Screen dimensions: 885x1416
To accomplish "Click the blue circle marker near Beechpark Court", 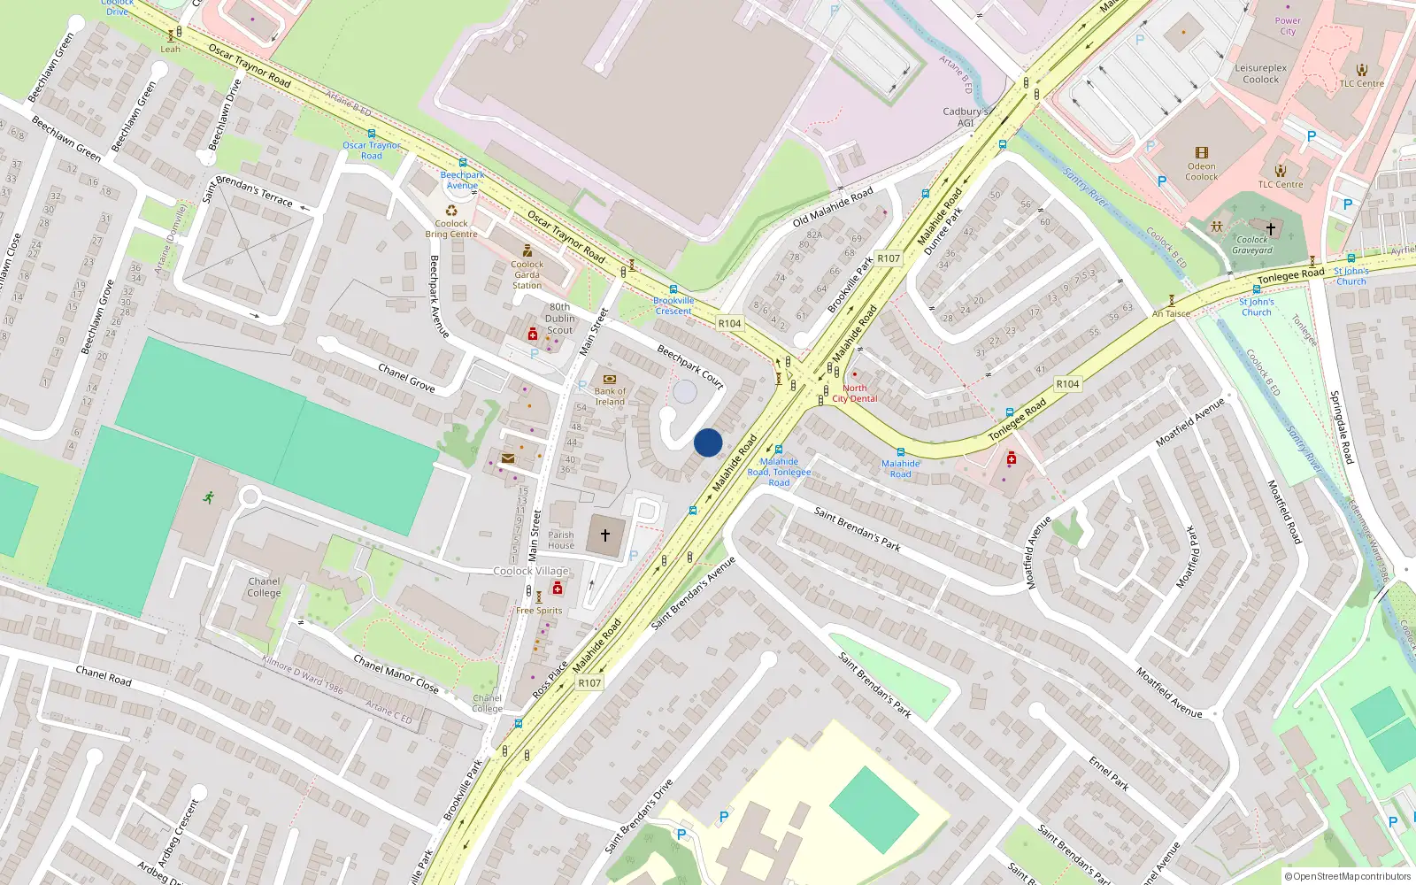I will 708,442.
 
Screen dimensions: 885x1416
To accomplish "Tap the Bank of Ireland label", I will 610,396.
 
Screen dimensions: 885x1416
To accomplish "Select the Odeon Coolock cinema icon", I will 1201,153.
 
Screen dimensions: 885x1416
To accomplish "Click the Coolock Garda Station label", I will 527,274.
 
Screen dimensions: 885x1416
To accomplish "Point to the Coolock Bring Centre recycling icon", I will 451,211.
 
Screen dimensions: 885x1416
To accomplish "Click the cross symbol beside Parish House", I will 605,535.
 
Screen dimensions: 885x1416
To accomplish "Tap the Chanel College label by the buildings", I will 264,587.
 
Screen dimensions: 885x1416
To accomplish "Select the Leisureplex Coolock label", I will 1261,73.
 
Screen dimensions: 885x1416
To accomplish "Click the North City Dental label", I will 855,393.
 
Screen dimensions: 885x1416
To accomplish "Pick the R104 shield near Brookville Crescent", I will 729,324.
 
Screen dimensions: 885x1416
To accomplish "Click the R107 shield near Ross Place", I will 589,683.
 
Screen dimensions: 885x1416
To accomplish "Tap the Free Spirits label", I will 539,611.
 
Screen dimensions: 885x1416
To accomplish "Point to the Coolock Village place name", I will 531,571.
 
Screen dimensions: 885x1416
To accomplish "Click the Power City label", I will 1288,26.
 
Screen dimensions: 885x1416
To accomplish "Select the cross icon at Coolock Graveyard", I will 1270,228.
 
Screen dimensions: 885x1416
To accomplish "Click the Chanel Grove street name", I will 406,377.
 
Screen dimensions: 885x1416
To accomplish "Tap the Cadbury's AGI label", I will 965,117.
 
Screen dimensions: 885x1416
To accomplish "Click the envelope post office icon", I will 508,458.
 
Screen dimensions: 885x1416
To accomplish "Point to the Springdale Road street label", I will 1342,427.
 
